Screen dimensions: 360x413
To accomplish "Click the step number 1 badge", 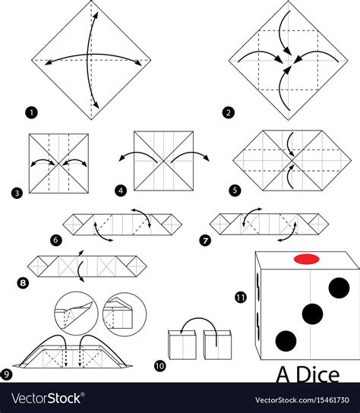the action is tap(31, 113).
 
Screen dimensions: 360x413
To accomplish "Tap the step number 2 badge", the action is tap(229, 113).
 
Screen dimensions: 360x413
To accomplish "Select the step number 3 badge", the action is tap(17, 194).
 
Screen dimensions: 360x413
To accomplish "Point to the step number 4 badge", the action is tap(121, 191).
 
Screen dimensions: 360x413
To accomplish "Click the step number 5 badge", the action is tap(235, 191).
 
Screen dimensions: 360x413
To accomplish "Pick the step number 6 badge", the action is tap(55, 240).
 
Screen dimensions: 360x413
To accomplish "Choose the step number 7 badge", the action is tap(205, 240).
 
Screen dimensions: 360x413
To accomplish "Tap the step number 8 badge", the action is tap(23, 283).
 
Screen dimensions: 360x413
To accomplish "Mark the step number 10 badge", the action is tap(159, 366).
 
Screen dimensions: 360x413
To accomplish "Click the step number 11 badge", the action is tap(241, 298).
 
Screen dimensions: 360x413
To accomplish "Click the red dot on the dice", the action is tap(307, 259).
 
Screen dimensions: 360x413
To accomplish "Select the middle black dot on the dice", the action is tap(312, 314).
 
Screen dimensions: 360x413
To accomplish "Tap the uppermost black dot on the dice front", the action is tap(339, 288).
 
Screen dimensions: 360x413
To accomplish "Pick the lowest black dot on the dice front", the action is tap(286, 341).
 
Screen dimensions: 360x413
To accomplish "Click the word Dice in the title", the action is tap(317, 375).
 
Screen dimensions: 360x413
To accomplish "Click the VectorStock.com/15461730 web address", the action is tap(302, 400).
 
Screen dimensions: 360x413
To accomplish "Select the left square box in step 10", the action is tap(182, 345).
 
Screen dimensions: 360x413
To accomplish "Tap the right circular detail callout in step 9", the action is tap(125, 314).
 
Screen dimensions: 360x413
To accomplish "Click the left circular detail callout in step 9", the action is tap(76, 314).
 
